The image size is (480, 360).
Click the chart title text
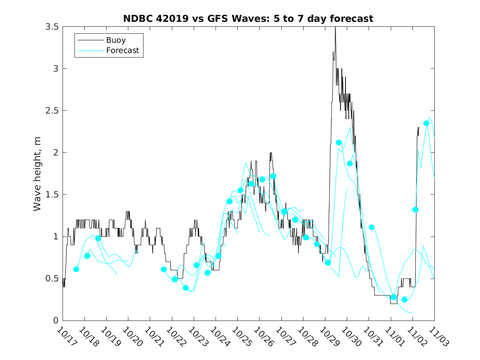pos(248,19)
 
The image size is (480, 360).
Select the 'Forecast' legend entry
pos(122,51)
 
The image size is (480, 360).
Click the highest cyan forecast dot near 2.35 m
pos(426,123)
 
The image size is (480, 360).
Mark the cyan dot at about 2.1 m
pos(339,143)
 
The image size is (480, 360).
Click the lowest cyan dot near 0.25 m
pos(404,300)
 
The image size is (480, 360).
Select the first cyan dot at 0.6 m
pos(76,269)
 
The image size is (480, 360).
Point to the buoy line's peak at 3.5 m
pos(335,27)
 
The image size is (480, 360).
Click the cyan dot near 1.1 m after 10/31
pos(371,227)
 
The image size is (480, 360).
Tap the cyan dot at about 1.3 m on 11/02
pos(415,209)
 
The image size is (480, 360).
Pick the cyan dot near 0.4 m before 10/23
pos(186,288)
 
